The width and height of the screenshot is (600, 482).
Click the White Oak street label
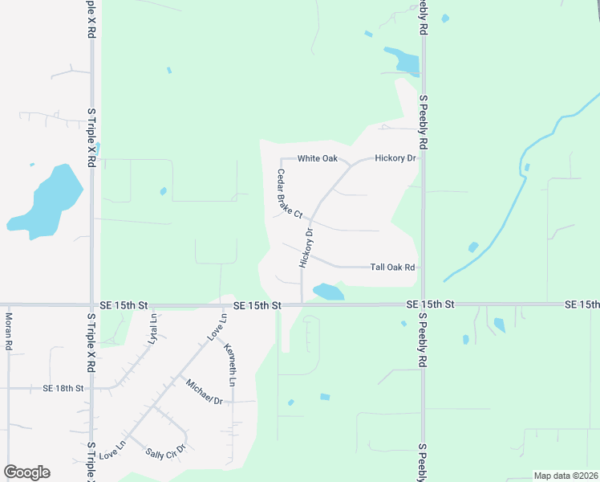[318, 158]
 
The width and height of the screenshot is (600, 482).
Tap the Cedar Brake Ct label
[289, 194]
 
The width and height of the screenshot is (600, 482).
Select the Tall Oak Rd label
[392, 267]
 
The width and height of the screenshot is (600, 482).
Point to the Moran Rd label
[9, 331]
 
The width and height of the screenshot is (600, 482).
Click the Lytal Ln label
[152, 329]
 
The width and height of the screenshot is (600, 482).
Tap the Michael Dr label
[204, 390]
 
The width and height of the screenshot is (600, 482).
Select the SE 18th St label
[63, 388]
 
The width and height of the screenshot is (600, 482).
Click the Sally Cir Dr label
[165, 451]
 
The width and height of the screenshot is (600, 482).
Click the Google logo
[26, 472]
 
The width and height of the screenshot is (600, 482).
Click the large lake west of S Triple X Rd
[47, 201]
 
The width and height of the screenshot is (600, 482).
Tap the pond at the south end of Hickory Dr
[327, 292]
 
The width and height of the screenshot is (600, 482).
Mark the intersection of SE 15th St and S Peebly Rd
[423, 304]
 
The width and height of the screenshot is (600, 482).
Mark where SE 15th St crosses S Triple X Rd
[91, 305]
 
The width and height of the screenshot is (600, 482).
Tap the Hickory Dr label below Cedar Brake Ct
[306, 247]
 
